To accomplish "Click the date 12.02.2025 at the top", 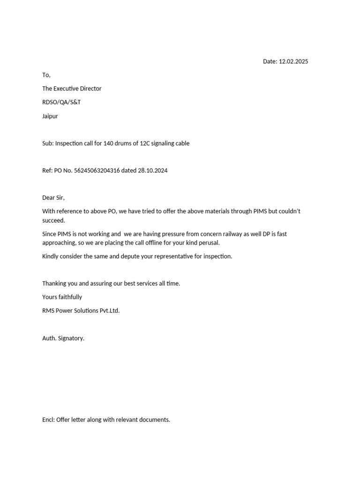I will [x=293, y=61].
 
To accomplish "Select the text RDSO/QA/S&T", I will [x=61, y=102].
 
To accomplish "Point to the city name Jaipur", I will [x=50, y=116].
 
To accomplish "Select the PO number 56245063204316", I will [x=97, y=171].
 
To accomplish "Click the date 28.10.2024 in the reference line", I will [x=152, y=171].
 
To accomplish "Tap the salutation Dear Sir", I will [x=53, y=198].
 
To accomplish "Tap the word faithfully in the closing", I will [x=70, y=297].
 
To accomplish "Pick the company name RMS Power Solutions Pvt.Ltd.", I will [x=81, y=311].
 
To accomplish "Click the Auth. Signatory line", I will [x=63, y=338].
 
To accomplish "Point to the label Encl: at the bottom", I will [x=48, y=420].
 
